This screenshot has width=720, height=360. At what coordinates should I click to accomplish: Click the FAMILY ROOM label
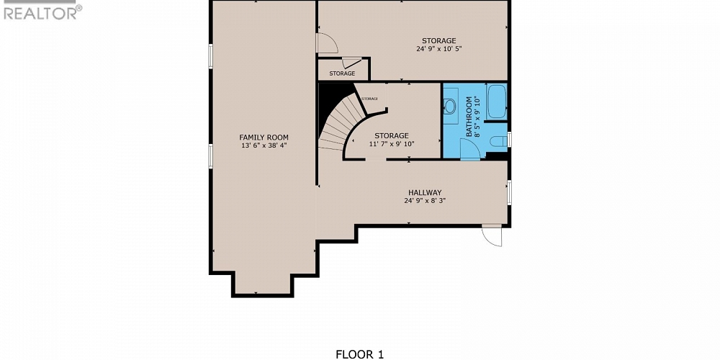tap(264, 137)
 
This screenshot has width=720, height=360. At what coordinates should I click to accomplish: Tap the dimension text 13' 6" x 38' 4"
tap(264, 145)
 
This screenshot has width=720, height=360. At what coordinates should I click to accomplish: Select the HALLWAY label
tap(424, 192)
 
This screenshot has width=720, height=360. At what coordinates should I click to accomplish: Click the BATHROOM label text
tap(469, 117)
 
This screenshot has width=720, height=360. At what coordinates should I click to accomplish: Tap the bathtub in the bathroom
tap(497, 102)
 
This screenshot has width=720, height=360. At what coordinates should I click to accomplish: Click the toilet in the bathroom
tap(498, 142)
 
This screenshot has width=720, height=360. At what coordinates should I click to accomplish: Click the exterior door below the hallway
tap(492, 235)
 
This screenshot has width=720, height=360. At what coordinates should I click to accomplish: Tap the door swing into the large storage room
tap(326, 43)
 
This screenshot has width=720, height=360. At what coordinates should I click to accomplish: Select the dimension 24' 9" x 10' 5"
tap(438, 49)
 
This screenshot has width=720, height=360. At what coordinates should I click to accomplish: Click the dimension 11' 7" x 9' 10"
tap(391, 144)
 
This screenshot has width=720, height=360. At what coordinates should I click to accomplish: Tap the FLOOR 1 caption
tap(360, 354)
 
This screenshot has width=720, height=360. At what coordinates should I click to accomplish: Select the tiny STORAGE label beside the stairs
tap(369, 98)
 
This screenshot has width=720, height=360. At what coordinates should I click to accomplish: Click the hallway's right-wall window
tap(509, 192)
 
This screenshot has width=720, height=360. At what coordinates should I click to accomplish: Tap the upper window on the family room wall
tap(210, 56)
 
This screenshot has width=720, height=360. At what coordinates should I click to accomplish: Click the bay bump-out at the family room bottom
tap(262, 284)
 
